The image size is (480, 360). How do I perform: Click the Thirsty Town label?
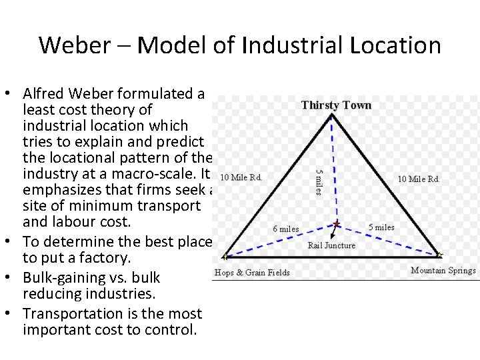[336, 105]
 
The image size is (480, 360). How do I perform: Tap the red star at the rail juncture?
[337, 223]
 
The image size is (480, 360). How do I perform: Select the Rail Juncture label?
[331, 245]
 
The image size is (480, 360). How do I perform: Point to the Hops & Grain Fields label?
[252, 272]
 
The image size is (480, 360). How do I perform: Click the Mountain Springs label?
[443, 270]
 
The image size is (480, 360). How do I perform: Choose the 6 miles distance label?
[286, 229]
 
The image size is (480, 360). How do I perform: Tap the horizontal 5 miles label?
[381, 227]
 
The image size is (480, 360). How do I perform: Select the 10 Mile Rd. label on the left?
[241, 177]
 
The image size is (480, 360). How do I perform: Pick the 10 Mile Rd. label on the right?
[419, 179]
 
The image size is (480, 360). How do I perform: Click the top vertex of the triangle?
[332, 115]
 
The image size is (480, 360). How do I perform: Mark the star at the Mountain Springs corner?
[439, 255]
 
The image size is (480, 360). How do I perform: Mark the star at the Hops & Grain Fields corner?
[225, 255]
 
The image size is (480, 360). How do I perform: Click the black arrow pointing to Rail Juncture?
[342, 231]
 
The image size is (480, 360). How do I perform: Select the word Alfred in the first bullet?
[44, 93]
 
